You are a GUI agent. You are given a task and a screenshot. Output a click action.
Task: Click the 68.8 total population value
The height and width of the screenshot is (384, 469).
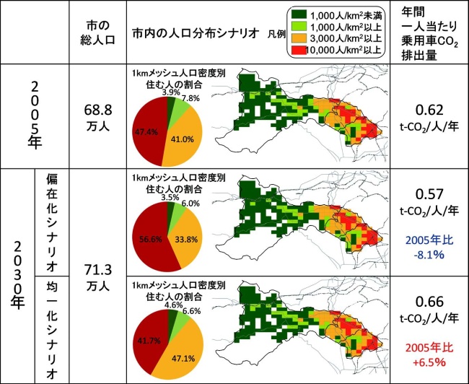point(97,110)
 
